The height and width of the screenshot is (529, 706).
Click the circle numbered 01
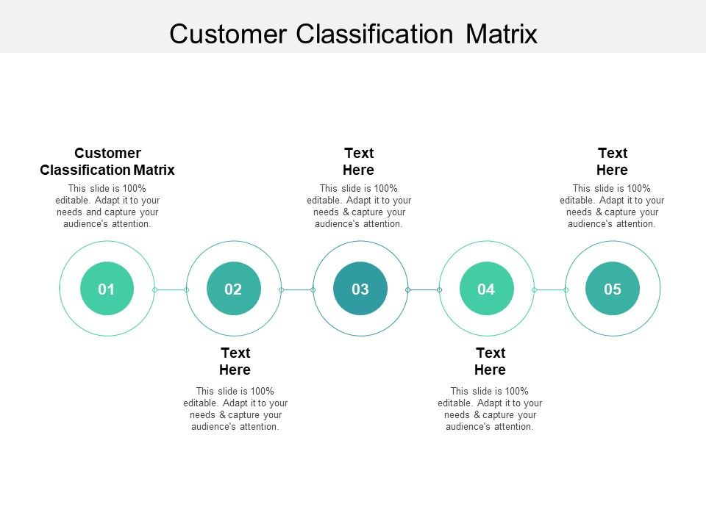(x=107, y=289)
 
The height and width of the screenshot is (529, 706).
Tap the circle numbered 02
(x=233, y=289)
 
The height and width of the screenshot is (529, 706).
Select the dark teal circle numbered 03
(x=360, y=289)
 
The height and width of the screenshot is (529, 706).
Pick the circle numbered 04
(x=486, y=289)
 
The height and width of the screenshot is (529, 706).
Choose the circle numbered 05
(x=613, y=289)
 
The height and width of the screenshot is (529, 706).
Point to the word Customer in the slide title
(x=227, y=34)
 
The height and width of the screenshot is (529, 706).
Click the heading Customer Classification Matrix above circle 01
(x=107, y=162)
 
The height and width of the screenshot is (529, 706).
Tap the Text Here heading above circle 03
(x=359, y=162)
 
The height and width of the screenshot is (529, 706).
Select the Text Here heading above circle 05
(x=612, y=162)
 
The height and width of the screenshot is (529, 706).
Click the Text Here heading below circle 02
(x=235, y=361)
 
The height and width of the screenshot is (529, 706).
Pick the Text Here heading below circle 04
(x=490, y=361)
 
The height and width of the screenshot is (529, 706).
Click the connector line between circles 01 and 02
(x=171, y=289)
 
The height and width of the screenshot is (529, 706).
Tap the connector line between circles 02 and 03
(x=297, y=289)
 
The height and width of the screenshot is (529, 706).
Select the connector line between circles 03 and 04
(x=424, y=289)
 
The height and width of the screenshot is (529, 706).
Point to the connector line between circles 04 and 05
(x=550, y=289)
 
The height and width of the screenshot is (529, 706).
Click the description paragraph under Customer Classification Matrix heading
(x=107, y=206)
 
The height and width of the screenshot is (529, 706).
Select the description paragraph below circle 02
(x=235, y=409)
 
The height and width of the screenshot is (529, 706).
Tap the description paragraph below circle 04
(x=490, y=409)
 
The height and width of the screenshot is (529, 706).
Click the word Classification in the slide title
(x=369, y=34)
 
